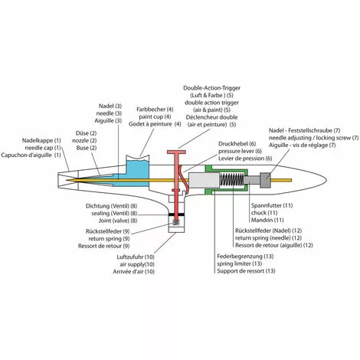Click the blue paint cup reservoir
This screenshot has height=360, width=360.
[138, 171]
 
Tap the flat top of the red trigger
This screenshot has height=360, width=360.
[176, 152]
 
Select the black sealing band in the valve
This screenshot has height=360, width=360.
[176, 214]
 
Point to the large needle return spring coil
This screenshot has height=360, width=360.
[232, 179]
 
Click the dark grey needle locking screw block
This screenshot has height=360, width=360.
[265, 180]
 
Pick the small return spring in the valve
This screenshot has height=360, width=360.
[176, 221]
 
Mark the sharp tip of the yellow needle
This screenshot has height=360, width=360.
[66, 180]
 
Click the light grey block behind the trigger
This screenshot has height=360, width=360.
[205, 180]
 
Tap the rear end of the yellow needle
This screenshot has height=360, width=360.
[291, 180]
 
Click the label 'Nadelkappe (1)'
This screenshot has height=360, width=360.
[41, 140]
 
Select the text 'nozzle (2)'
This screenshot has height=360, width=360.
[84, 140]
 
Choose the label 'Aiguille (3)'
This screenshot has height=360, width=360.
[108, 120]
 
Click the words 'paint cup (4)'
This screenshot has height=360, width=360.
[155, 116]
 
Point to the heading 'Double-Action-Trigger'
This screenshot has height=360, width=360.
[212, 88]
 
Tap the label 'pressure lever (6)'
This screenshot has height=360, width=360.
[240, 151]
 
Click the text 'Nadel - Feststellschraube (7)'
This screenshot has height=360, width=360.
[304, 130]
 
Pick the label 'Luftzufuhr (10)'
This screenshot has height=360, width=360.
[136, 257]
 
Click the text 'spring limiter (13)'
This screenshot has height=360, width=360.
[240, 263]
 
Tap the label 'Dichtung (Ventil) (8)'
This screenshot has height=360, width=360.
[111, 206]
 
